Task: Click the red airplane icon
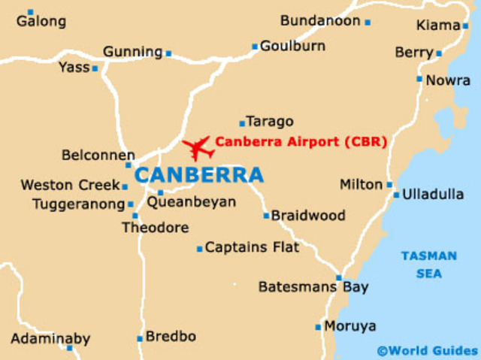click(198, 147)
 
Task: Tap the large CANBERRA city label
click(199, 176)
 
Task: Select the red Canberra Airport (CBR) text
click(301, 141)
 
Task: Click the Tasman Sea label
click(428, 265)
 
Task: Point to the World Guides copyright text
click(427, 350)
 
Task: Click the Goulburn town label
click(293, 47)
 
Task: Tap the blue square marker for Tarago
click(242, 123)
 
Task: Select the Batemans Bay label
click(313, 286)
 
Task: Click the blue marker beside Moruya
click(318, 327)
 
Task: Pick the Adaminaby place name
click(50, 338)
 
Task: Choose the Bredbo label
click(171, 336)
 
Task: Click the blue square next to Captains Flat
click(199, 249)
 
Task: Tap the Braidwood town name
click(308, 216)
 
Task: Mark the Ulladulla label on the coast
click(433, 195)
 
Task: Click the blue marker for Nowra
click(419, 79)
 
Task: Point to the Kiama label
click(437, 26)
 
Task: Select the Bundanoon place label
click(320, 21)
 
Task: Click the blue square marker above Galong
click(30, 12)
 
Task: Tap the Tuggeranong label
click(77, 204)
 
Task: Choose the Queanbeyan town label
click(191, 202)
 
